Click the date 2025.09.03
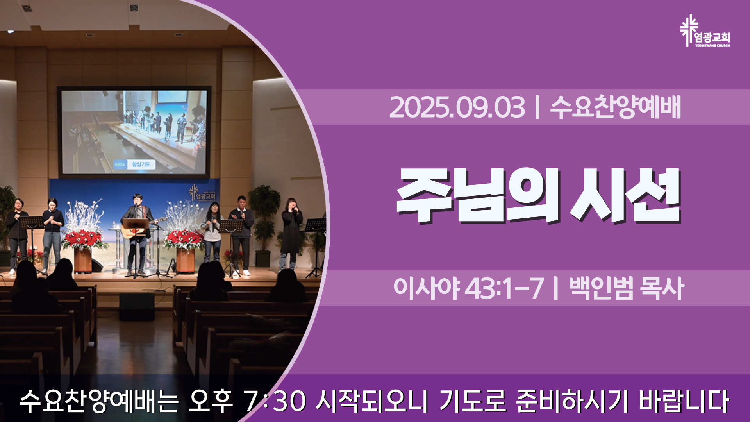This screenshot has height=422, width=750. coord(457,107)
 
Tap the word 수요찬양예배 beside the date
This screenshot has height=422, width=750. coord(616,107)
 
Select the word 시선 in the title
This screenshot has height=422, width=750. coord(625,195)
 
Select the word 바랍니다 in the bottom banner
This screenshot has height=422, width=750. coord(684,401)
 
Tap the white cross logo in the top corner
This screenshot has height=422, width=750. coord(688,30)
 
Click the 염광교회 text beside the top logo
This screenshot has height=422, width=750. coord(712,37)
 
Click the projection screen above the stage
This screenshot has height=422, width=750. coord(134,132)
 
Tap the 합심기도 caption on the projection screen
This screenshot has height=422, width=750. coord(141,164)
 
